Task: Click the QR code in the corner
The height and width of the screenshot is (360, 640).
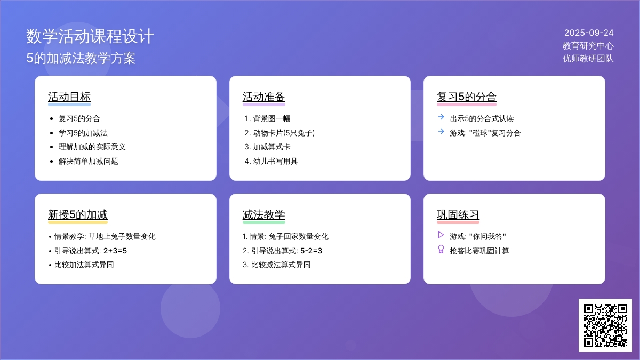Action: [x=605, y=325]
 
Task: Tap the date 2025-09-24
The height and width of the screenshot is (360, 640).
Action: [x=589, y=33]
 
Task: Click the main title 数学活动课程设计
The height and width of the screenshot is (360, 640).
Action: [x=90, y=36]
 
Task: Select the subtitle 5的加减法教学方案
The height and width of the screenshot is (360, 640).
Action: [x=81, y=58]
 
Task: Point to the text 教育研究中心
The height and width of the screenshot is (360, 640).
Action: [x=588, y=46]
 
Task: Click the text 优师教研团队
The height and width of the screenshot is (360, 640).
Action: [x=588, y=59]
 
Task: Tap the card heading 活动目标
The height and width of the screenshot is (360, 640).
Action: [x=69, y=97]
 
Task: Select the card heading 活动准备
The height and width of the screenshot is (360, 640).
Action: [x=263, y=97]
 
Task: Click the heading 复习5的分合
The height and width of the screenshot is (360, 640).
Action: [x=467, y=97]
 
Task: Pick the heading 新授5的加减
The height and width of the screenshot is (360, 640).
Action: [x=78, y=214]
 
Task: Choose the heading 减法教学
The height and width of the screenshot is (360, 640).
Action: [x=263, y=214]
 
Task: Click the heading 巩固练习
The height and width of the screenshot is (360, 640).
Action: [x=458, y=214]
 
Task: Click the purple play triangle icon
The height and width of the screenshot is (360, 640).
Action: [x=441, y=235]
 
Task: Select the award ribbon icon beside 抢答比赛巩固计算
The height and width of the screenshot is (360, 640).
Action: [x=441, y=249]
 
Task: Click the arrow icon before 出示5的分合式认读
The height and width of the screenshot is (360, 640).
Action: [x=441, y=117]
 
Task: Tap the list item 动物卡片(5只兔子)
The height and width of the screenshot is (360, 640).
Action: [x=284, y=133]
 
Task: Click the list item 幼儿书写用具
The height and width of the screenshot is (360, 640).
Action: [x=275, y=161]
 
